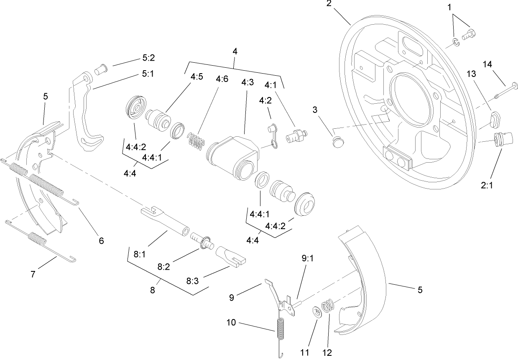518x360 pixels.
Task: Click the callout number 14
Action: [x=487, y=64]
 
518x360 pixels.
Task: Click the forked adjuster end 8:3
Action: [x=232, y=255]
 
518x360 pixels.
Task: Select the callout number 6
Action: [x=101, y=241]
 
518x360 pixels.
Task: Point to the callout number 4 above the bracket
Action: [x=235, y=51]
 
